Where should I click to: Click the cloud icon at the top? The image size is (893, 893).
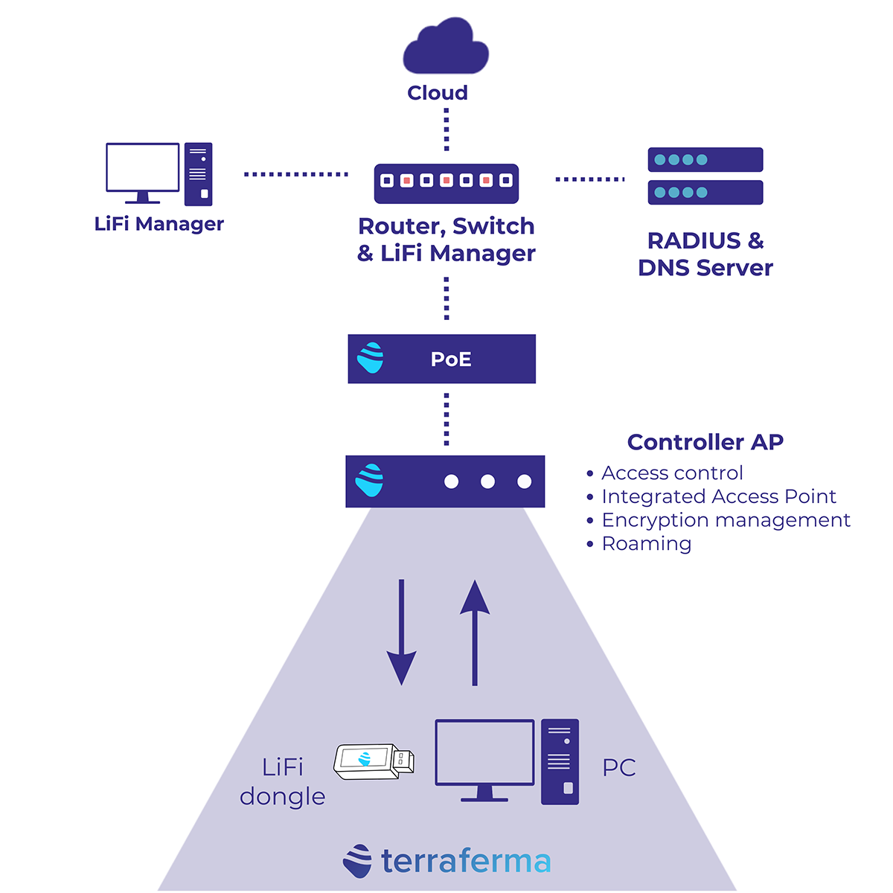pos(446,48)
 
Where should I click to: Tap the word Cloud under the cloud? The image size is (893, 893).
pos(438,93)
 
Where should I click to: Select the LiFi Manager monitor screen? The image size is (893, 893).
pos(143,167)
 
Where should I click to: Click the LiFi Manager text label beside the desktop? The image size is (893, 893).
pos(159,224)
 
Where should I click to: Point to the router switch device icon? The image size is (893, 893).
pos(446,182)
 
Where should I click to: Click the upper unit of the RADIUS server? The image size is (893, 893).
pos(705,159)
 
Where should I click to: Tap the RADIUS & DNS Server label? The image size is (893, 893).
pos(705,254)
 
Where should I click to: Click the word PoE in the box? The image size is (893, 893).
pos(451,359)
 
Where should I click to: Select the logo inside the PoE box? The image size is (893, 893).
pos(371,358)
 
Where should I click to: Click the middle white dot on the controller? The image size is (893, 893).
pos(487,481)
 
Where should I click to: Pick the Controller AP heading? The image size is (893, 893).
pos(705,442)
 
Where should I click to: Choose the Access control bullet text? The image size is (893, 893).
pos(672,473)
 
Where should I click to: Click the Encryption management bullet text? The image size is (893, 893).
pos(726,520)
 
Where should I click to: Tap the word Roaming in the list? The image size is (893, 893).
pos(647,544)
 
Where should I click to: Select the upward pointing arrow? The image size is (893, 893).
pos(475,633)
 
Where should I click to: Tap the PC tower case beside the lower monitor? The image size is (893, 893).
pos(560,761)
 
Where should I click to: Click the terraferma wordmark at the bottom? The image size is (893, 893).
pos(465,861)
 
